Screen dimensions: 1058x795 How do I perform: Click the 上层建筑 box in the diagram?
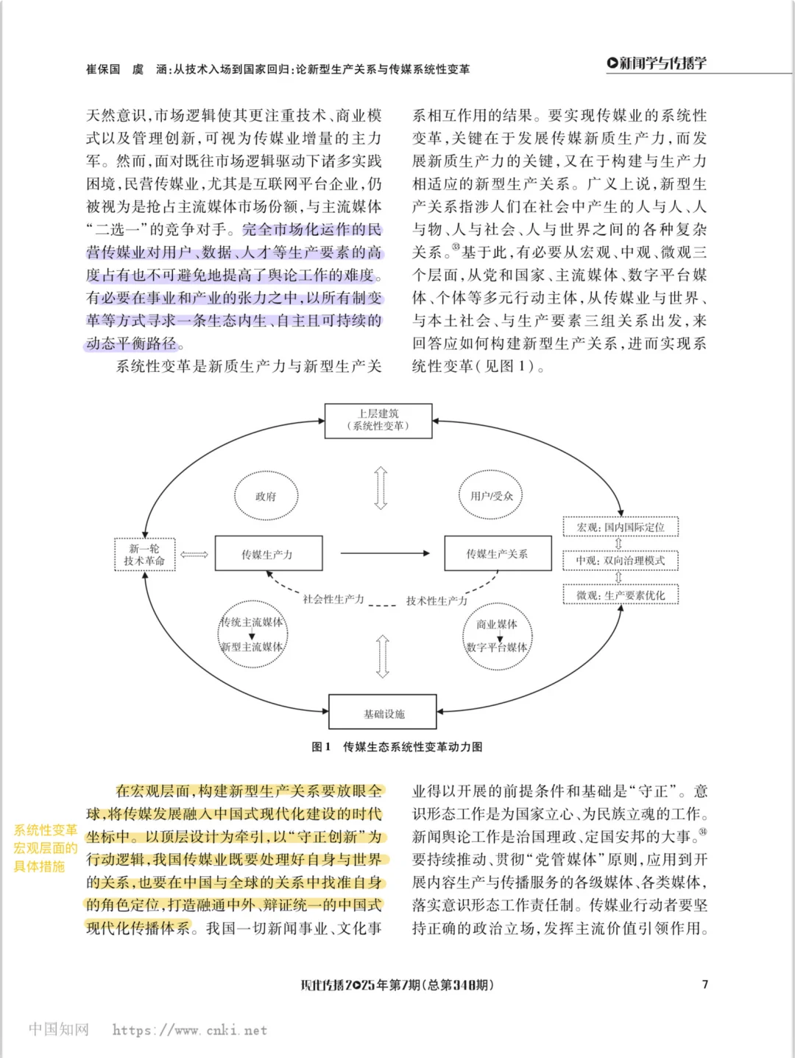[378, 420]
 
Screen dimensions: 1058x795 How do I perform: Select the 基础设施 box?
[383, 713]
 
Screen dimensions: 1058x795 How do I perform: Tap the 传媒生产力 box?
[268, 553]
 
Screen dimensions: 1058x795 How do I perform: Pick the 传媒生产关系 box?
[498, 553]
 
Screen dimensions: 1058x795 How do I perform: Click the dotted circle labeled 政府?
[266, 496]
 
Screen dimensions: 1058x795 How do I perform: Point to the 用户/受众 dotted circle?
[491, 496]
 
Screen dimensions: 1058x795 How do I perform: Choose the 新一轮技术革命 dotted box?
[144, 554]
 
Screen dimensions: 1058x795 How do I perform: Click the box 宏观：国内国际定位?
[621, 527]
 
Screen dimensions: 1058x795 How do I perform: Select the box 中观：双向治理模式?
[621, 561]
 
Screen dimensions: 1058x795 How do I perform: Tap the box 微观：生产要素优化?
[621, 595]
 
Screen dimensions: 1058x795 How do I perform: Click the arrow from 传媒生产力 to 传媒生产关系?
[384, 553]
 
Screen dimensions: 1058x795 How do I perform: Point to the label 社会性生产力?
[333, 599]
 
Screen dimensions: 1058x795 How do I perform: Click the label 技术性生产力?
[437, 600]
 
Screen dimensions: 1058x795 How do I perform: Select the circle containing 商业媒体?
[497, 636]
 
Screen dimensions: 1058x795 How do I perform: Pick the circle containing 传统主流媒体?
[252, 634]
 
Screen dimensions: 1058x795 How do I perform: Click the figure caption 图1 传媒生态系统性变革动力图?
[397, 746]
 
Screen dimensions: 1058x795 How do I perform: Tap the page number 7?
[704, 984]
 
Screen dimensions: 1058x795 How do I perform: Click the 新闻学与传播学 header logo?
[657, 63]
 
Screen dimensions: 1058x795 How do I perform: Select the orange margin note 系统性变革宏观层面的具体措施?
[45, 848]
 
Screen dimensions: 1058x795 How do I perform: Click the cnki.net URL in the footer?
[189, 1030]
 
